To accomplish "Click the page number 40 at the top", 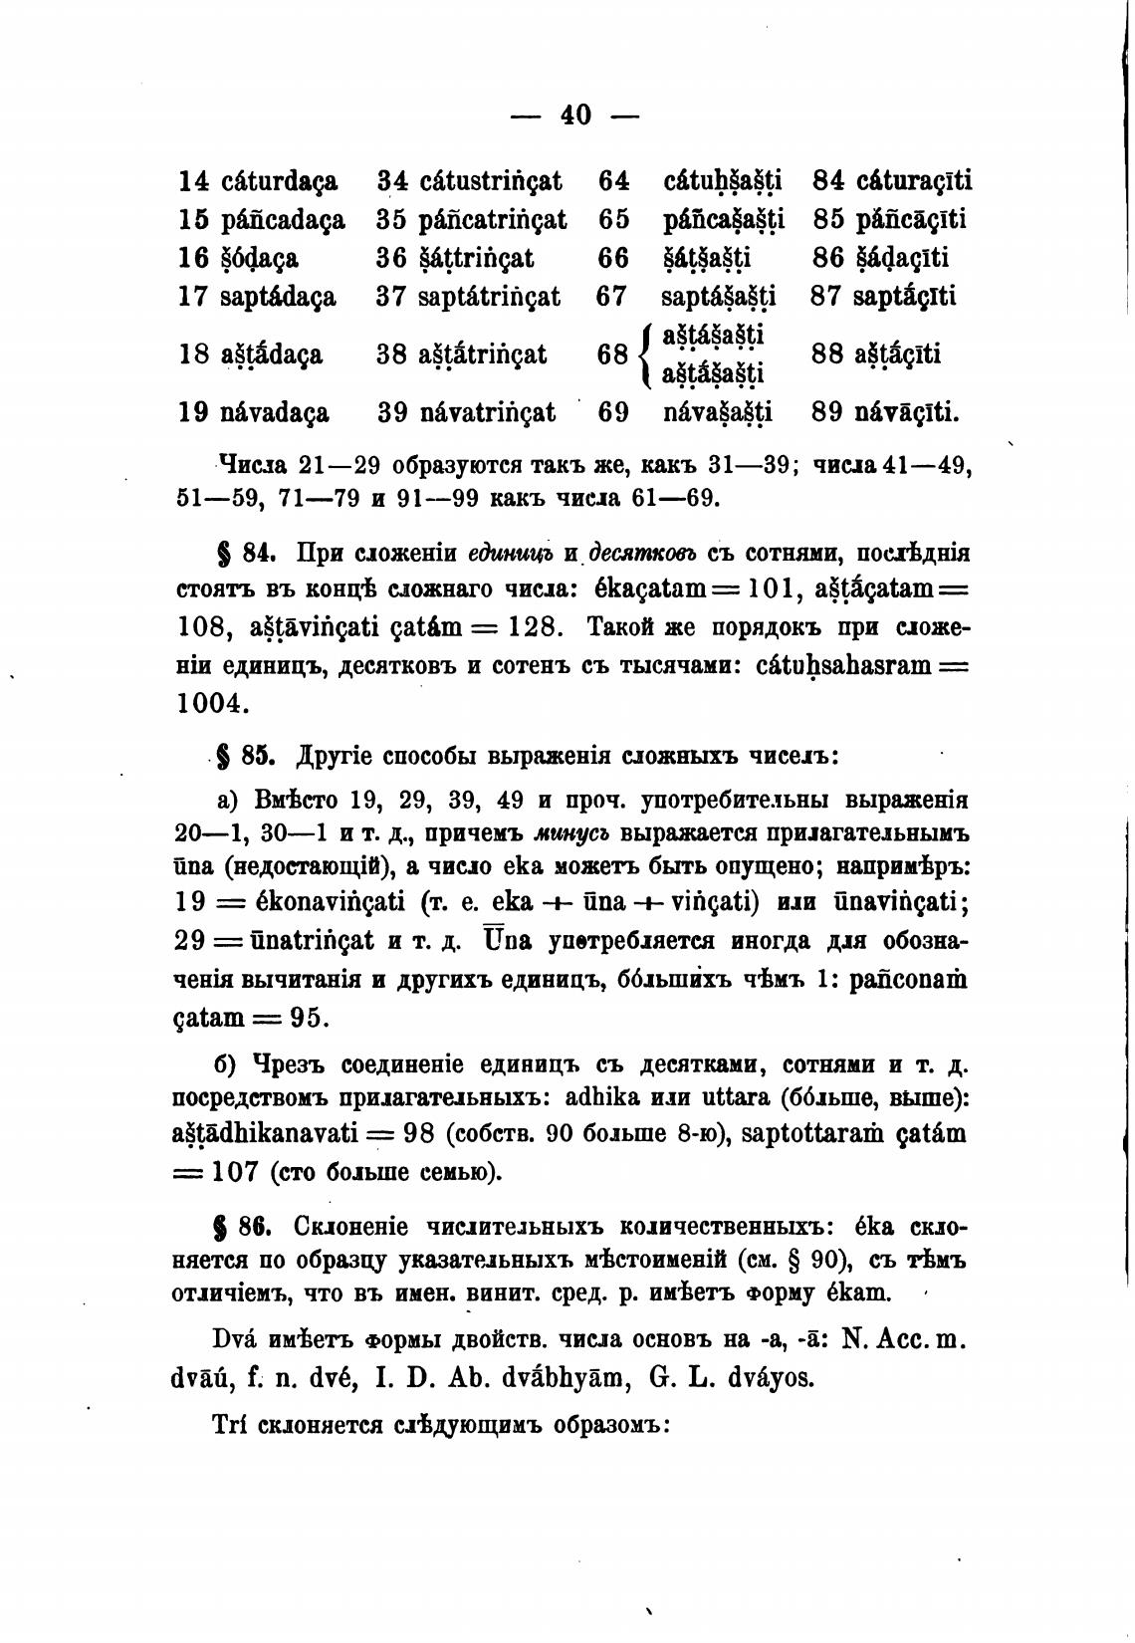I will point(575,116).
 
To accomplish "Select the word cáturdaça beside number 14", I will point(279,182).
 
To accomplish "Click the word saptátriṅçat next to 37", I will point(489,297).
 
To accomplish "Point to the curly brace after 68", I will point(646,355).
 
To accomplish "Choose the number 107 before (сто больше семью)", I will point(235,1172).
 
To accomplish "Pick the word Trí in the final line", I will point(231,1426).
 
